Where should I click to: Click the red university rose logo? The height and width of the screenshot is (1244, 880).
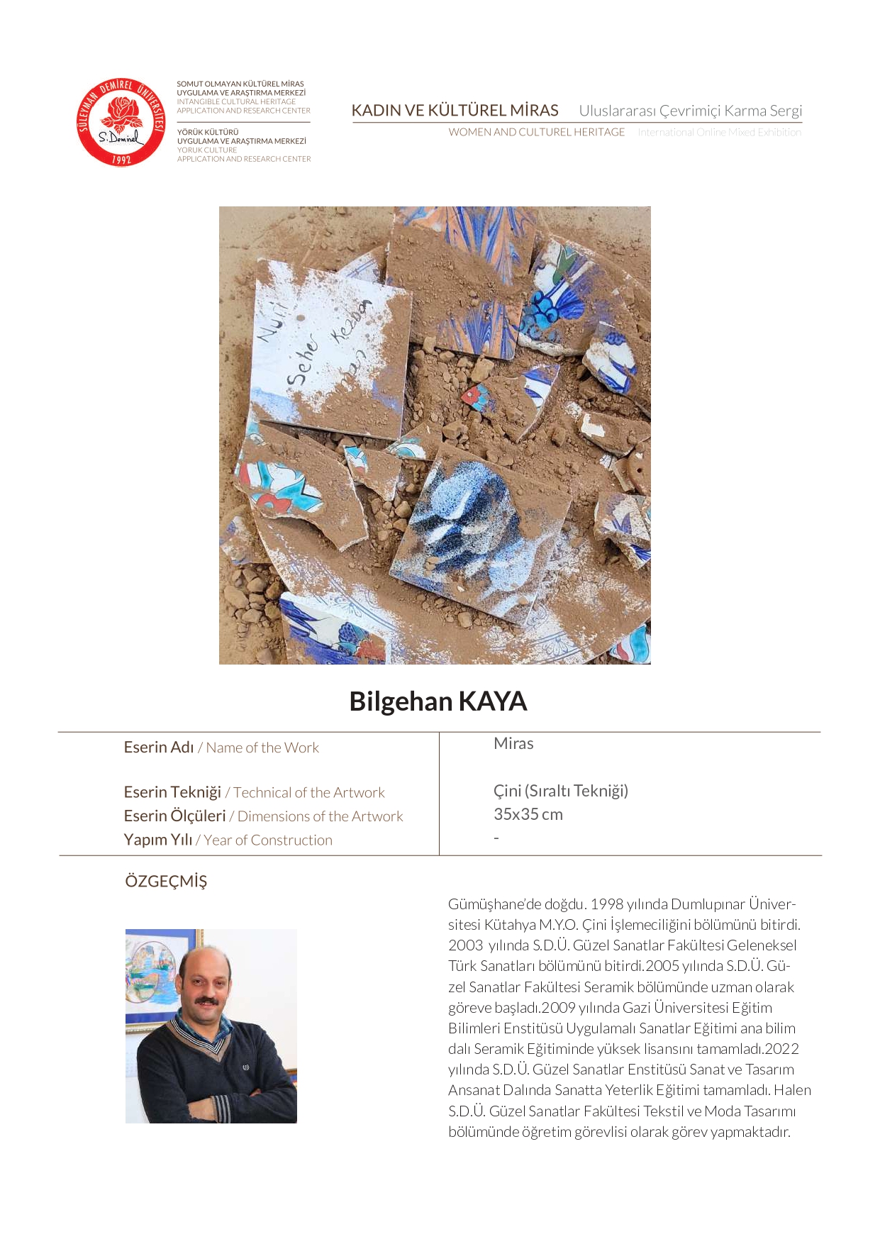pyautogui.click(x=121, y=122)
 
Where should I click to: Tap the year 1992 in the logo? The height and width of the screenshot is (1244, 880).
pyautogui.click(x=121, y=160)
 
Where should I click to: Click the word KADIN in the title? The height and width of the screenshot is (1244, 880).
pyautogui.click(x=377, y=111)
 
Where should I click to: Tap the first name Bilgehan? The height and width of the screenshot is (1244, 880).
pyautogui.click(x=401, y=701)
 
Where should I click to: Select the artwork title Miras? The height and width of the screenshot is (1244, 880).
pyautogui.click(x=513, y=743)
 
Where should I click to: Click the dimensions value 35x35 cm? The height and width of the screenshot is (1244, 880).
pyautogui.click(x=528, y=814)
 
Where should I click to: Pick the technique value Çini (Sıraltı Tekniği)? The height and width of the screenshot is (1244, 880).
pyautogui.click(x=561, y=791)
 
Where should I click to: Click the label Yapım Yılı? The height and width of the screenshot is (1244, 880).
pyautogui.click(x=158, y=840)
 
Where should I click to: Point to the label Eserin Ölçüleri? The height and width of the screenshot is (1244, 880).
pyautogui.click(x=174, y=816)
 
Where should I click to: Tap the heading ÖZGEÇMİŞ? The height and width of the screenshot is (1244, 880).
pyautogui.click(x=166, y=881)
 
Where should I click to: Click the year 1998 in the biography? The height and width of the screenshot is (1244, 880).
pyautogui.click(x=607, y=904)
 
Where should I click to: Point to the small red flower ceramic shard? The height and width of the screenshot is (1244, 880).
pyautogui.click(x=476, y=396)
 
